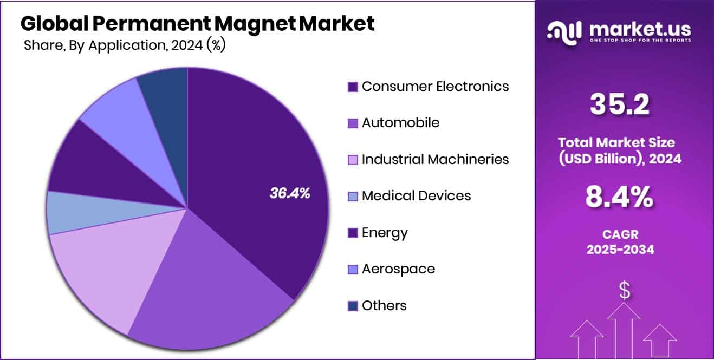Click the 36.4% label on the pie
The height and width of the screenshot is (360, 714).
tap(290, 193)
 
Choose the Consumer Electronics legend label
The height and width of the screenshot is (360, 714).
tap(435, 86)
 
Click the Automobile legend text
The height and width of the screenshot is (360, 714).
tap(400, 122)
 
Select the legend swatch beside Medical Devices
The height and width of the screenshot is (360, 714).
tap(353, 197)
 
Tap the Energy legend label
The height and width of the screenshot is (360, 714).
tap(385, 233)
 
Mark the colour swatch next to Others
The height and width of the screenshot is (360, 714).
tap(353, 306)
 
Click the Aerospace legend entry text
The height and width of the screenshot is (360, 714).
tap(398, 269)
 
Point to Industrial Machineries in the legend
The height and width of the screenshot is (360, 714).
tap(435, 159)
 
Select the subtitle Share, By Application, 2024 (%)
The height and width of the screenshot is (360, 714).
tap(125, 45)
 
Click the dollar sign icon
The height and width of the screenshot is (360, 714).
tap(625, 291)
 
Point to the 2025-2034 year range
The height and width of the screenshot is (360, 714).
tap(620, 250)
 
